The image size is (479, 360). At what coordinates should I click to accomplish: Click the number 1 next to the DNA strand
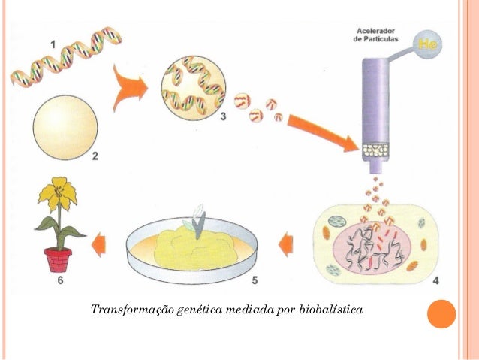(x=53, y=45)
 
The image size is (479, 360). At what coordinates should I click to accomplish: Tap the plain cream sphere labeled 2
(x=65, y=128)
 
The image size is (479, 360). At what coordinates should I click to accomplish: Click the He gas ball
(x=427, y=44)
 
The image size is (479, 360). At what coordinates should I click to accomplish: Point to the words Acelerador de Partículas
(x=375, y=35)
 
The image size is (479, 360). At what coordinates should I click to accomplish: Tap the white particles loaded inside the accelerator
(x=375, y=150)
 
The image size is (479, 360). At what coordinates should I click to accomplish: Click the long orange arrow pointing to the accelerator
(x=322, y=133)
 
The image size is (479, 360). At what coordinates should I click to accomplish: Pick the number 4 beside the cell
(x=436, y=280)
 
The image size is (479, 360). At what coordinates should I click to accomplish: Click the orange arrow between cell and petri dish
(x=285, y=244)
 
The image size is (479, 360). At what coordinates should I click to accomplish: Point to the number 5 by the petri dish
(x=255, y=280)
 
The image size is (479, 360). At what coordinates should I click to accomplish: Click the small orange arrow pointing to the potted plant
(x=98, y=244)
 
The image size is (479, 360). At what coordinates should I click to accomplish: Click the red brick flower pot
(x=58, y=260)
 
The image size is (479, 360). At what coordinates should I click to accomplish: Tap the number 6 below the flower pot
(x=61, y=280)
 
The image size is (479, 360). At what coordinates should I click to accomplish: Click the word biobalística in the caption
(x=331, y=309)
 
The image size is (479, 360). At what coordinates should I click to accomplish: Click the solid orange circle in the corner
(x=441, y=314)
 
